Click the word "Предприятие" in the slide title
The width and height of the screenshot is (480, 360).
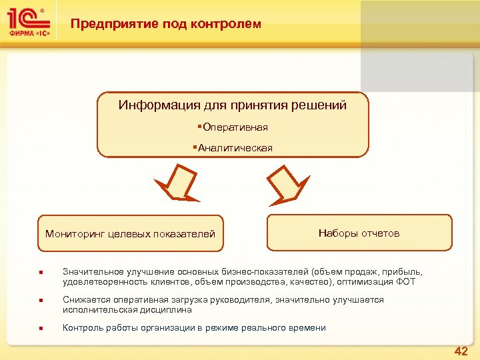coord(114,24)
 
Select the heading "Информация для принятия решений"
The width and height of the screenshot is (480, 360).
coord(233,105)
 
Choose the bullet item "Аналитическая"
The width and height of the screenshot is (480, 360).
coord(235,148)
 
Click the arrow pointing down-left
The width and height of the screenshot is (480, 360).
coord(177,183)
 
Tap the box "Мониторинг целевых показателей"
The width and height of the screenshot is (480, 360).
coord(130,233)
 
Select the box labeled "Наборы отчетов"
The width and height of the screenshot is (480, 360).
coord(359,233)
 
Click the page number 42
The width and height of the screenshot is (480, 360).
coord(461,351)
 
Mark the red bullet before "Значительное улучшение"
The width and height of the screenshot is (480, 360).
coord(41,273)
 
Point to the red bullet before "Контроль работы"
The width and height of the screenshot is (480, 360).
coord(41,328)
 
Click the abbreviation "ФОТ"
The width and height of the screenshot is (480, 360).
coord(405,282)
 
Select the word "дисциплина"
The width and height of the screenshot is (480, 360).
coord(167,310)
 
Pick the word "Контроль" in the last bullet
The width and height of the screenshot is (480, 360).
coord(82,327)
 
